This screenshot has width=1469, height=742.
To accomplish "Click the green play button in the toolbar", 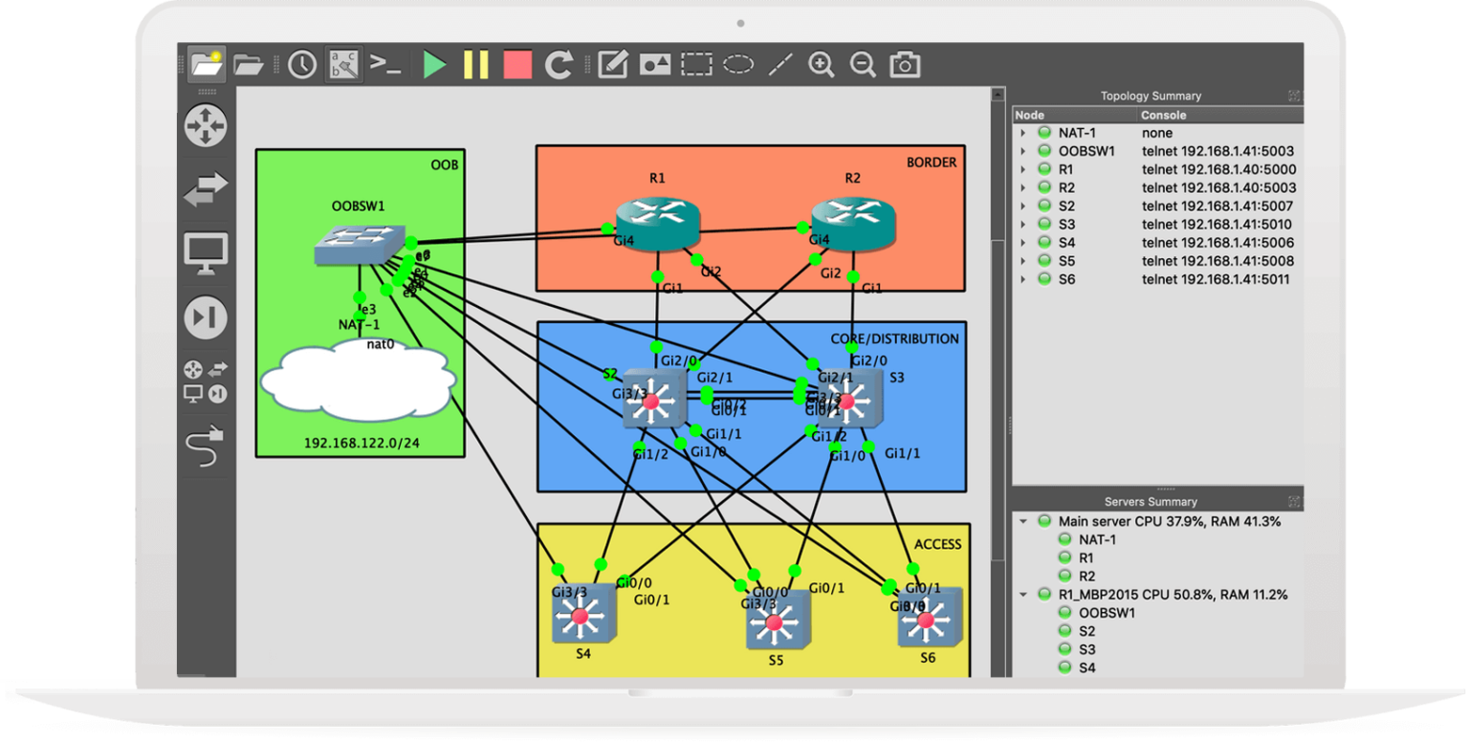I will point(435,65).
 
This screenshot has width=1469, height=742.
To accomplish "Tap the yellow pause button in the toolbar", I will point(475,65).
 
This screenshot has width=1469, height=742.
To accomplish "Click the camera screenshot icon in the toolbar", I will point(904,65).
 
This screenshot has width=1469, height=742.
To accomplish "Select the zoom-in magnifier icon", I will point(821,65).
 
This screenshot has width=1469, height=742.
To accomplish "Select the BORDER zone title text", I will point(931,163).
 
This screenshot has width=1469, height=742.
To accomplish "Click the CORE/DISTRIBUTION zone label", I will point(894,338).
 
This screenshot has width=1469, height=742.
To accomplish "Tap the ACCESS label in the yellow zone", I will point(937,544).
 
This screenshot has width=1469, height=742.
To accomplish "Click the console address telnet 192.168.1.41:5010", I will point(1217,224).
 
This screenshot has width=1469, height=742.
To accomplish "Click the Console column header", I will point(1164,115).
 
